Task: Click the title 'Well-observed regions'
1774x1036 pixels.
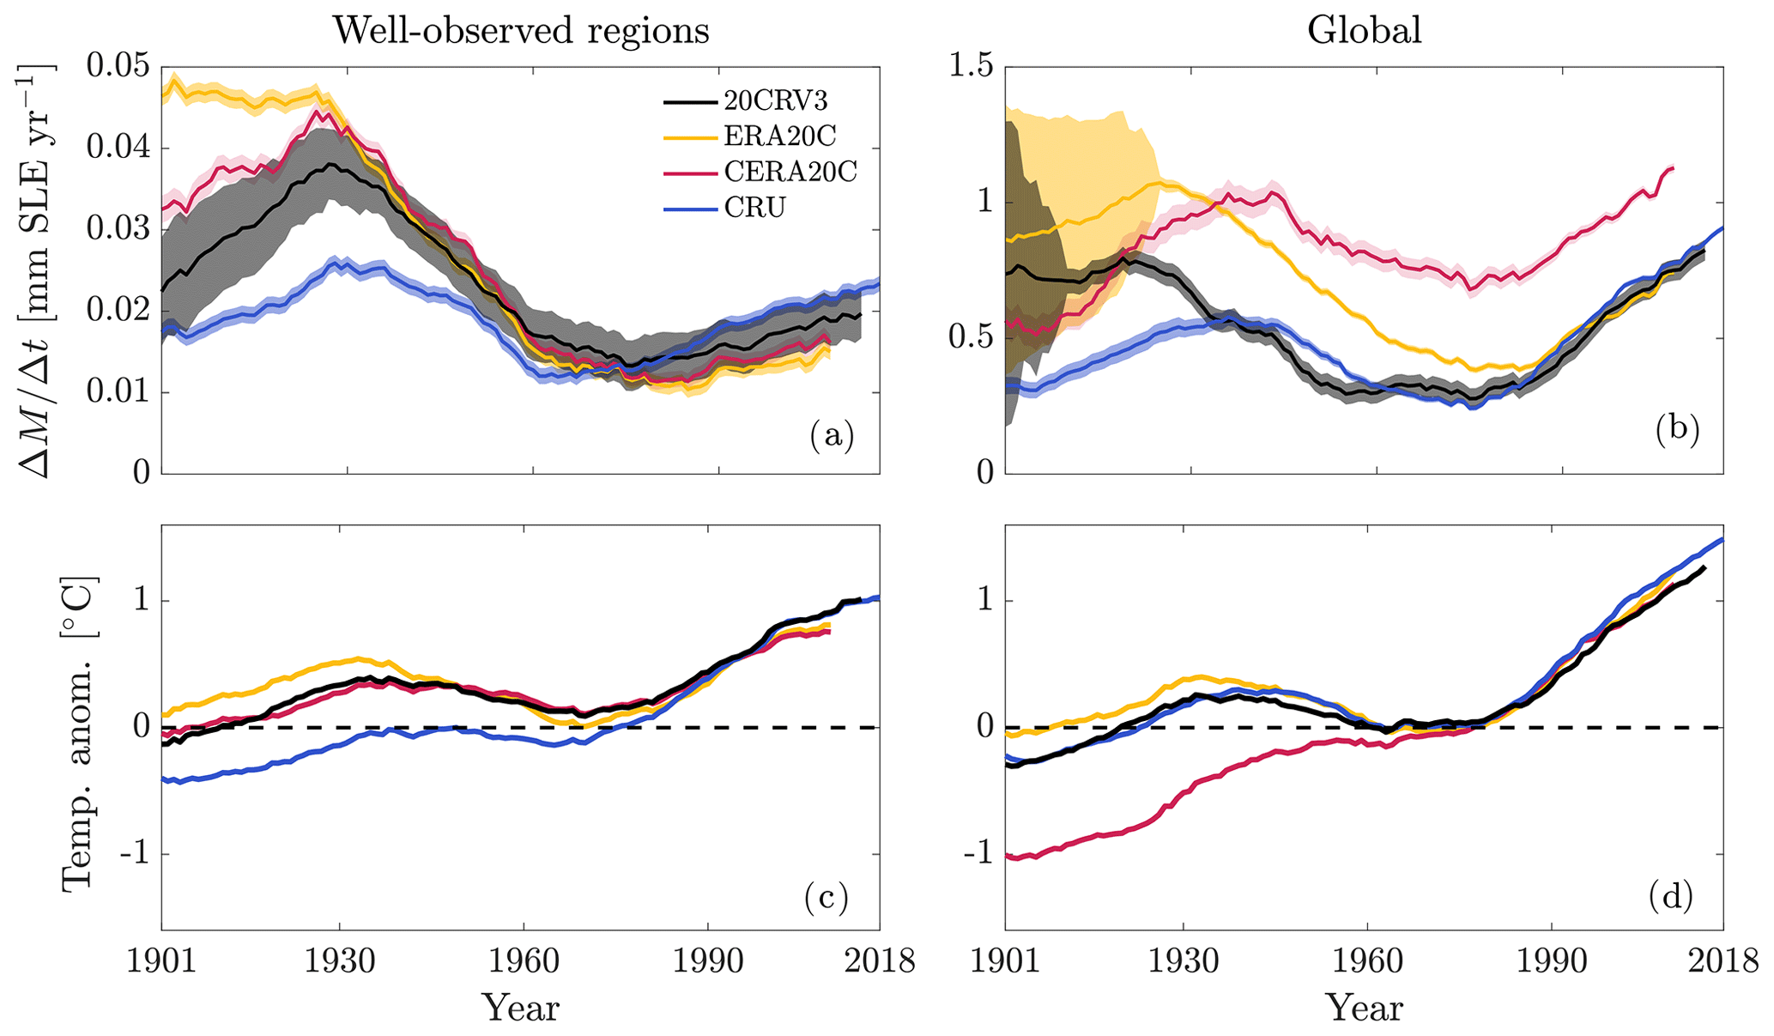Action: click(521, 31)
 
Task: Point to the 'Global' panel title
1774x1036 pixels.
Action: click(1364, 31)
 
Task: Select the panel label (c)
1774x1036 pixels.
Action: click(826, 897)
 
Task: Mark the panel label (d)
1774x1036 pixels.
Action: click(1670, 897)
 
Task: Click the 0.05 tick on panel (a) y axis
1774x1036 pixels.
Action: click(117, 67)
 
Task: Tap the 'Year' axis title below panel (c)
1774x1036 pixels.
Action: click(520, 1008)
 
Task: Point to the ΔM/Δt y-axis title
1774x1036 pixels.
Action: click(36, 270)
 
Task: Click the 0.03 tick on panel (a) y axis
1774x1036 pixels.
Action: click(117, 230)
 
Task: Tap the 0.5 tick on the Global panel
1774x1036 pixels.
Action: click(969, 338)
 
